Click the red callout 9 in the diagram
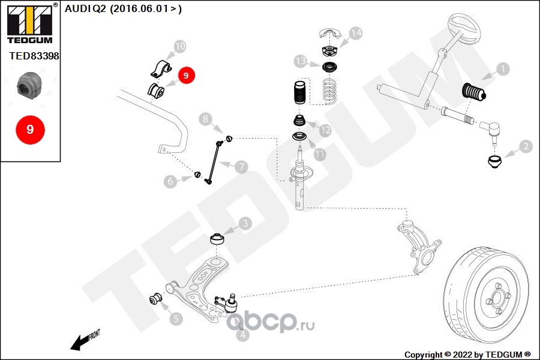point(186,75)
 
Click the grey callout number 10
point(180,46)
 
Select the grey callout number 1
point(502,69)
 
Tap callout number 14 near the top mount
point(356,33)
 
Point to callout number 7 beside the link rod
point(241,167)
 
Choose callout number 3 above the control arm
point(245,224)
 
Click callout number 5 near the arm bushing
point(176,319)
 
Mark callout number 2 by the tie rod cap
point(526,145)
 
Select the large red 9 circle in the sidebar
point(29,129)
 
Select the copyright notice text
point(467,354)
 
